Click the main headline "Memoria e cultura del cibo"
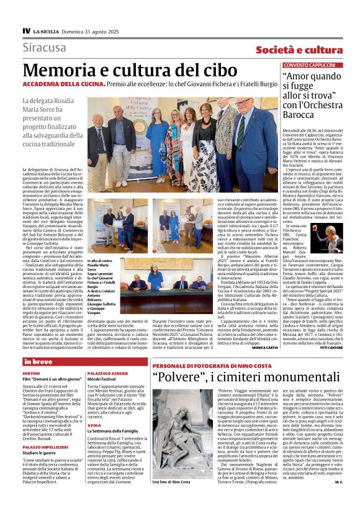[x=130, y=70]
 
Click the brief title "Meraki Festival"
[x=101, y=378]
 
